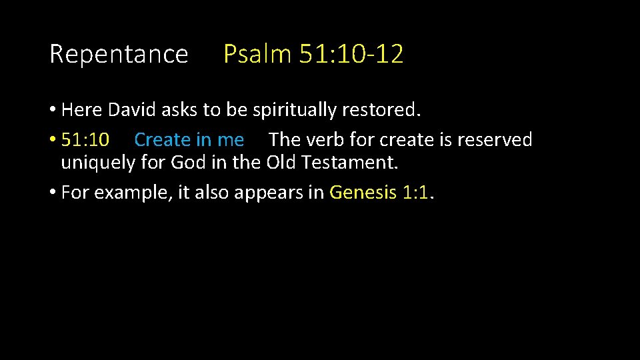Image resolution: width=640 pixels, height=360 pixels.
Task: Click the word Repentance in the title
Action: point(119,54)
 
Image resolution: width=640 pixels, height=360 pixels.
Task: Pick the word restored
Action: point(387,110)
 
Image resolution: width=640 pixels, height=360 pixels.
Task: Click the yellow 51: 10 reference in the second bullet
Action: point(85,139)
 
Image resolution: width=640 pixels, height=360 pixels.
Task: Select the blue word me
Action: point(230,139)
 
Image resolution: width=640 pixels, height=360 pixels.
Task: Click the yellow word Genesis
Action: point(363,193)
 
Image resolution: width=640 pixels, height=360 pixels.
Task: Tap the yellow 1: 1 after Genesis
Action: point(417,193)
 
